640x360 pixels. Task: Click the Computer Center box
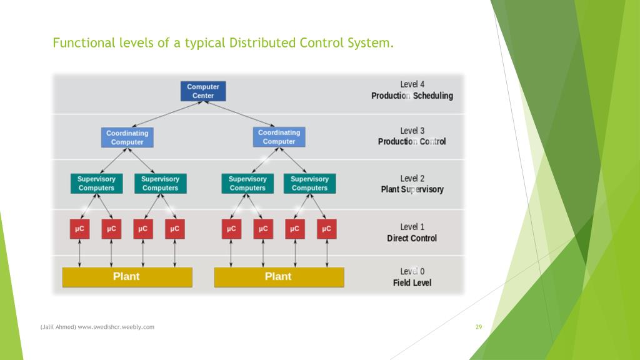(203, 91)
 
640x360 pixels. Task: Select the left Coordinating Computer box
(127, 137)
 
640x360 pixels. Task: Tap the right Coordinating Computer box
(279, 137)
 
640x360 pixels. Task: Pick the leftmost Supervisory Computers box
(96, 183)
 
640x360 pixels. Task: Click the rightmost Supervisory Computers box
(309, 183)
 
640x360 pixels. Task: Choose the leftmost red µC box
(79, 229)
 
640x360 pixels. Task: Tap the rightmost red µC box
(326, 229)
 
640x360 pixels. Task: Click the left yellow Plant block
(127, 277)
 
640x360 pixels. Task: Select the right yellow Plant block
(279, 277)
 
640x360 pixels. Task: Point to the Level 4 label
(412, 84)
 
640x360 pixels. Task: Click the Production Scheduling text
(412, 96)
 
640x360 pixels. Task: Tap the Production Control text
(412, 142)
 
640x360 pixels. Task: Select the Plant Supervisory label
(412, 189)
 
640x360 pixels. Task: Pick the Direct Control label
(412, 238)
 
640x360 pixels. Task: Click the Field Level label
(412, 283)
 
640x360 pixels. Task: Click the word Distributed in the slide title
(262, 43)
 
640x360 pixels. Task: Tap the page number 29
(479, 327)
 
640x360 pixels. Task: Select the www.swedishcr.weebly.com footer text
(116, 327)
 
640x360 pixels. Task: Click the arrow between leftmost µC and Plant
(79, 253)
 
